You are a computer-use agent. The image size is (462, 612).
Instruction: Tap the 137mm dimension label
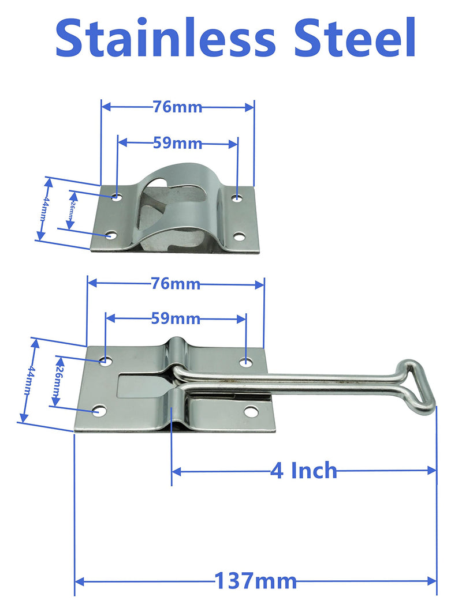(x=255, y=580)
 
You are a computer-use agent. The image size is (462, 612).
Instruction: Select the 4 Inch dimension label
(x=303, y=471)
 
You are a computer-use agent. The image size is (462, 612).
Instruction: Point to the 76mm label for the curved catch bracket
(x=177, y=107)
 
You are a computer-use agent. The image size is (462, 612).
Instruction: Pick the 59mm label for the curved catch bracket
(x=177, y=143)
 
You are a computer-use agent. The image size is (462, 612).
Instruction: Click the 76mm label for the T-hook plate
(x=175, y=284)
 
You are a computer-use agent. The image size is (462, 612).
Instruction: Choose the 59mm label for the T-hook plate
(x=176, y=318)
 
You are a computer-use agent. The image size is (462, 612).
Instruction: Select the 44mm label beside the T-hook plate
(x=28, y=380)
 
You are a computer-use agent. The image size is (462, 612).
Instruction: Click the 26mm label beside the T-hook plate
(x=57, y=381)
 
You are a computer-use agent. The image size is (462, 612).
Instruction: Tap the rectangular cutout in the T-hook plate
(x=139, y=385)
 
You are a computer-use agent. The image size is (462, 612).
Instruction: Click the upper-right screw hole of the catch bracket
(x=237, y=198)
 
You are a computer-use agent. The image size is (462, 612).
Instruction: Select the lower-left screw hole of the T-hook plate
(x=100, y=411)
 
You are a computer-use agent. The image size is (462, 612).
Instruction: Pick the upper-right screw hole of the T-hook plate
(x=246, y=362)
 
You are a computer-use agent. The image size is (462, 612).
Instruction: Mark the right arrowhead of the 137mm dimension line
(x=433, y=581)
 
